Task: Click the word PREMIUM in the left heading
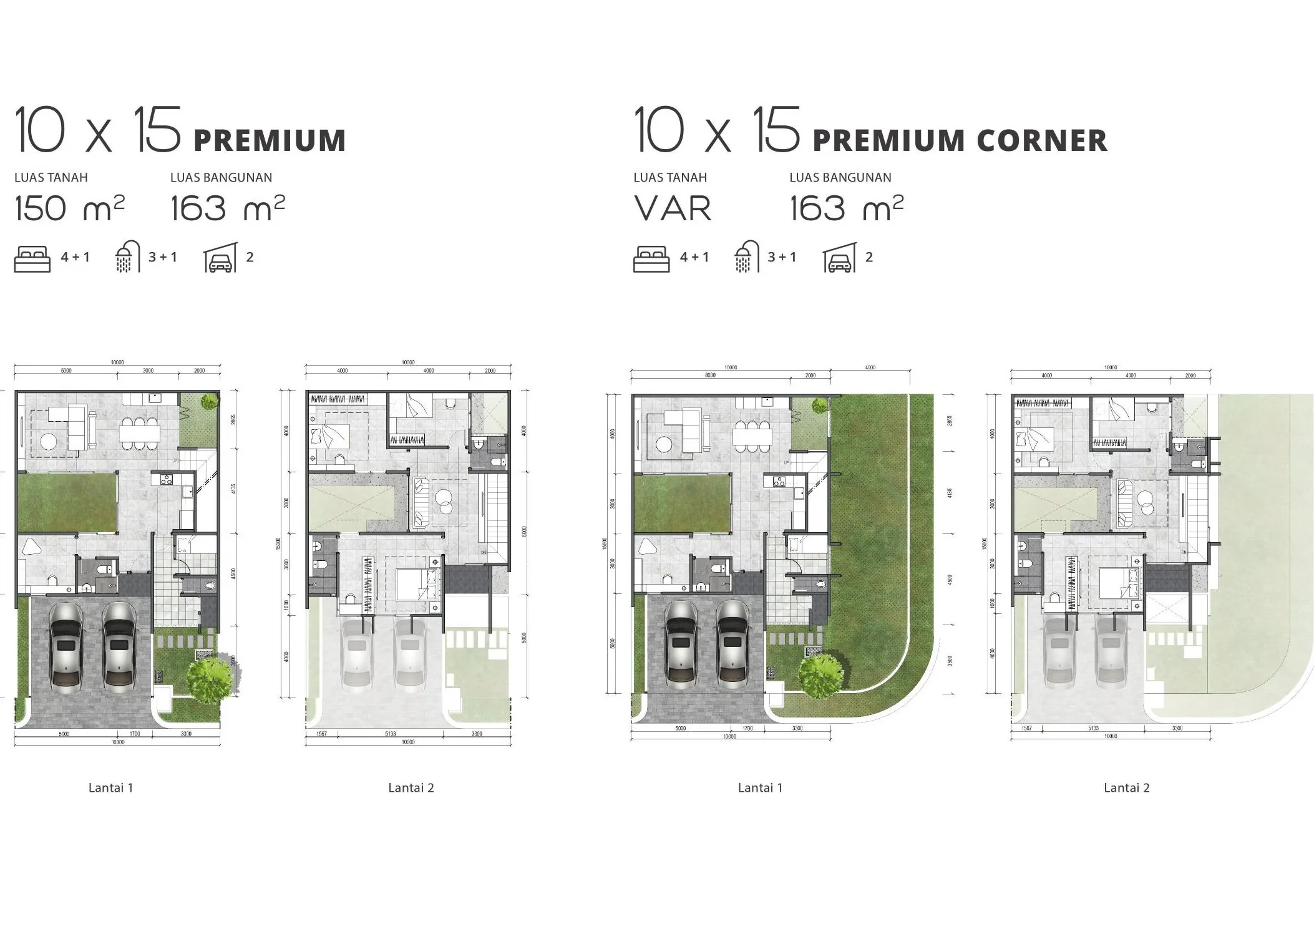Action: click(x=270, y=140)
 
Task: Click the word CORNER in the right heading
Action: click(x=1042, y=140)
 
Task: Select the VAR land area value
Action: click(x=673, y=208)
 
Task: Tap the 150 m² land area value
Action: click(x=69, y=208)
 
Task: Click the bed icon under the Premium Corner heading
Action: click(x=651, y=259)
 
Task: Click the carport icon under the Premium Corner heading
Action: click(x=839, y=258)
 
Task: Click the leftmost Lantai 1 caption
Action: click(x=110, y=787)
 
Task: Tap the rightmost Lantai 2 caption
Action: click(x=1126, y=787)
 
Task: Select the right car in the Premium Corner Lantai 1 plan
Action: click(x=734, y=643)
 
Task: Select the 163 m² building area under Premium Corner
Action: click(x=845, y=208)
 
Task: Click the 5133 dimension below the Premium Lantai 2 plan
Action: click(x=390, y=734)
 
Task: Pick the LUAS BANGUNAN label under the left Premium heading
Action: click(x=221, y=178)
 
